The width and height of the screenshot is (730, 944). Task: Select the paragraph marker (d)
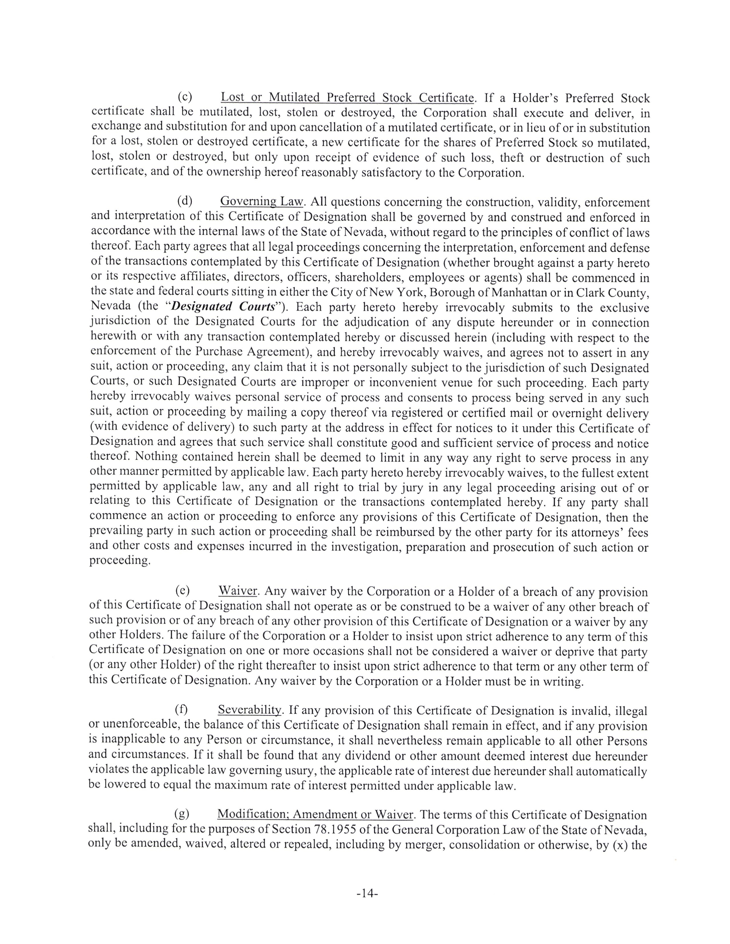(185, 201)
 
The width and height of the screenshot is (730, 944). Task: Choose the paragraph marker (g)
(181, 814)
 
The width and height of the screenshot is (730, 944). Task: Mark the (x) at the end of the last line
(619, 844)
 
